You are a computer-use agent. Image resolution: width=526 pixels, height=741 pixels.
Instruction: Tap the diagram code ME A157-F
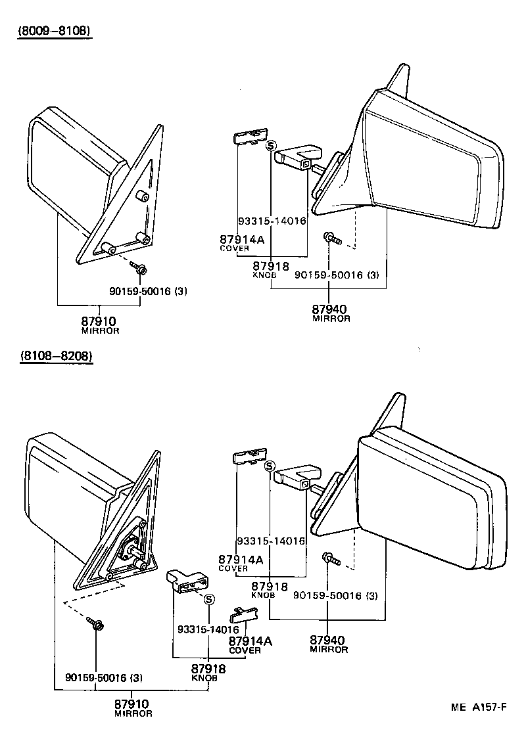pos(479,707)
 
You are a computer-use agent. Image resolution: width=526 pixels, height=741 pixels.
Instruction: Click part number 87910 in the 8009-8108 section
pos(99,321)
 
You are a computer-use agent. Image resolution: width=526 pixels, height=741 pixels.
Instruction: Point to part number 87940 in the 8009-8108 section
pos(329,309)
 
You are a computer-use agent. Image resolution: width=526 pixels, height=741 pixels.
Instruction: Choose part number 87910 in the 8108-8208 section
pos(133,704)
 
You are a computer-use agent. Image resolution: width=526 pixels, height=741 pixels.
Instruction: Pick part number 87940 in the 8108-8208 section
pos(328,639)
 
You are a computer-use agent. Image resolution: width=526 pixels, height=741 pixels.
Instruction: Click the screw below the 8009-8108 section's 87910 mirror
pos(139,267)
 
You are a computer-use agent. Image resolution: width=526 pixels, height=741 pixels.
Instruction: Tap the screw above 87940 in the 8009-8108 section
pos(331,238)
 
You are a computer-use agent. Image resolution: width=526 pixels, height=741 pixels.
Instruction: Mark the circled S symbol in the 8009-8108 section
pos(271,146)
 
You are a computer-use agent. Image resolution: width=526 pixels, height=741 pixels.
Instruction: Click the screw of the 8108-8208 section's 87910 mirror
pos(97,626)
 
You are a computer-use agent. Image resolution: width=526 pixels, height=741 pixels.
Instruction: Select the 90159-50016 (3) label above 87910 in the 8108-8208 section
pos(103,677)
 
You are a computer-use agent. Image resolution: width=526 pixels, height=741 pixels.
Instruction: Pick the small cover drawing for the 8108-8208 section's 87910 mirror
pos(241,614)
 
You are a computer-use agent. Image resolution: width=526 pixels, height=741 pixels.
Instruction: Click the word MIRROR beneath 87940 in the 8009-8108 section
pos(331,319)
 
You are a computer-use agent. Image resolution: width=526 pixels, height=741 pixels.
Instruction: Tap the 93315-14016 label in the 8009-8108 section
pos(272,221)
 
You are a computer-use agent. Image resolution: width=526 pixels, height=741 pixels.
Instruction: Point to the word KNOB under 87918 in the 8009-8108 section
pos(264,275)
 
